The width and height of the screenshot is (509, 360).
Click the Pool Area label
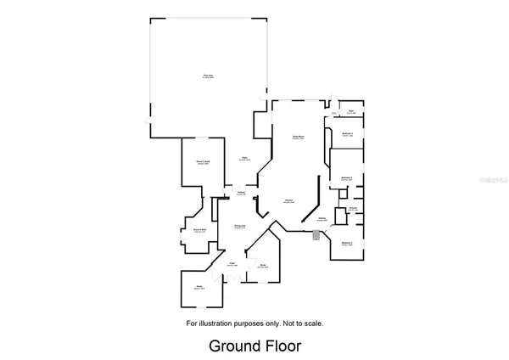point(204,78)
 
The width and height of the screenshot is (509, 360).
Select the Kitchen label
point(288,201)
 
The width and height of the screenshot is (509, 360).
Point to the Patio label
point(244,158)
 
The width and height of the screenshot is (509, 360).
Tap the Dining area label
point(240,227)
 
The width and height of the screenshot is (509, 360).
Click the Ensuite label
point(352,208)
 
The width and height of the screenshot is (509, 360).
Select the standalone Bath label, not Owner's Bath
point(351,111)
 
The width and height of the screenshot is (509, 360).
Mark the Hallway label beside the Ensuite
point(322,218)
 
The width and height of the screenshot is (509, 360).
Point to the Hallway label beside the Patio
point(241,194)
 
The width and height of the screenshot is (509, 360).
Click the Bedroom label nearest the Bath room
point(346,134)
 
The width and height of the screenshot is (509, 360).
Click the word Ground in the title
point(235,346)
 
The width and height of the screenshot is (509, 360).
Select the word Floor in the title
point(282,346)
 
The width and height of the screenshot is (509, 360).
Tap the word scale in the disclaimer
point(314,323)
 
